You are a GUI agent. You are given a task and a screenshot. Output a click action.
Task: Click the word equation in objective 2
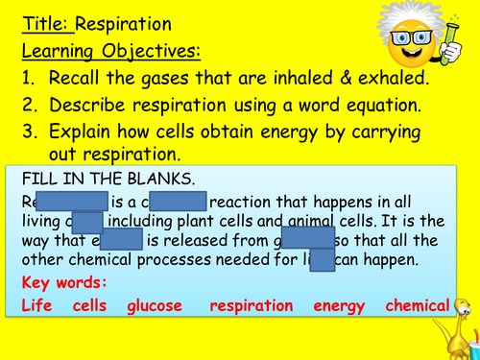coord(368,104)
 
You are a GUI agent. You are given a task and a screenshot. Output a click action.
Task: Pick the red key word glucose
coord(156,306)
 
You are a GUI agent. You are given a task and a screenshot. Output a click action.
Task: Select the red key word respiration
coord(252,306)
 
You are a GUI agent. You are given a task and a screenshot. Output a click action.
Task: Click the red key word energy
coord(339,306)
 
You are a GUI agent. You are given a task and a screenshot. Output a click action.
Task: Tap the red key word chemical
coord(417,306)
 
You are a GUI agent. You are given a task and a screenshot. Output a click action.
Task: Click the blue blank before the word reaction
coord(179,201)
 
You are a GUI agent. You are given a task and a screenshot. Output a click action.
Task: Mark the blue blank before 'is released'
coord(121,240)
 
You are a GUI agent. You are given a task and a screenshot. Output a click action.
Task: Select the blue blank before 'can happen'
coord(323,259)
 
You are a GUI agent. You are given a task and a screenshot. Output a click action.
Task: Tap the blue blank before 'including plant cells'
coord(87,221)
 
